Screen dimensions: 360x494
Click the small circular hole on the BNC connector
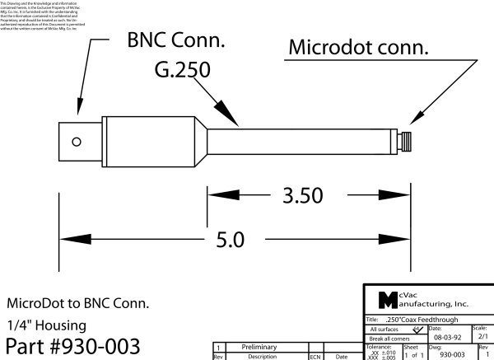(77, 141)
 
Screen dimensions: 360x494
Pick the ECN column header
(315, 356)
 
